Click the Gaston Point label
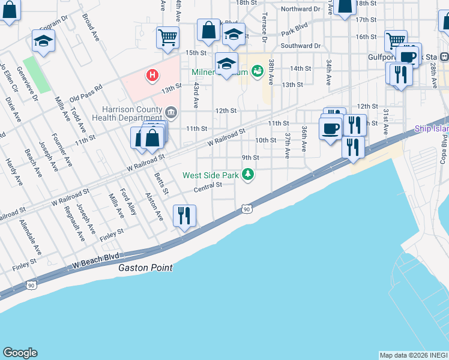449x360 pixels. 145,268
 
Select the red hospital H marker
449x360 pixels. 153,75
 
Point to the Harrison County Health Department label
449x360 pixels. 131,114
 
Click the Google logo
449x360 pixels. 20,353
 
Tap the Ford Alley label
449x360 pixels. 128,202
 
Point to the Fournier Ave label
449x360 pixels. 62,148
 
